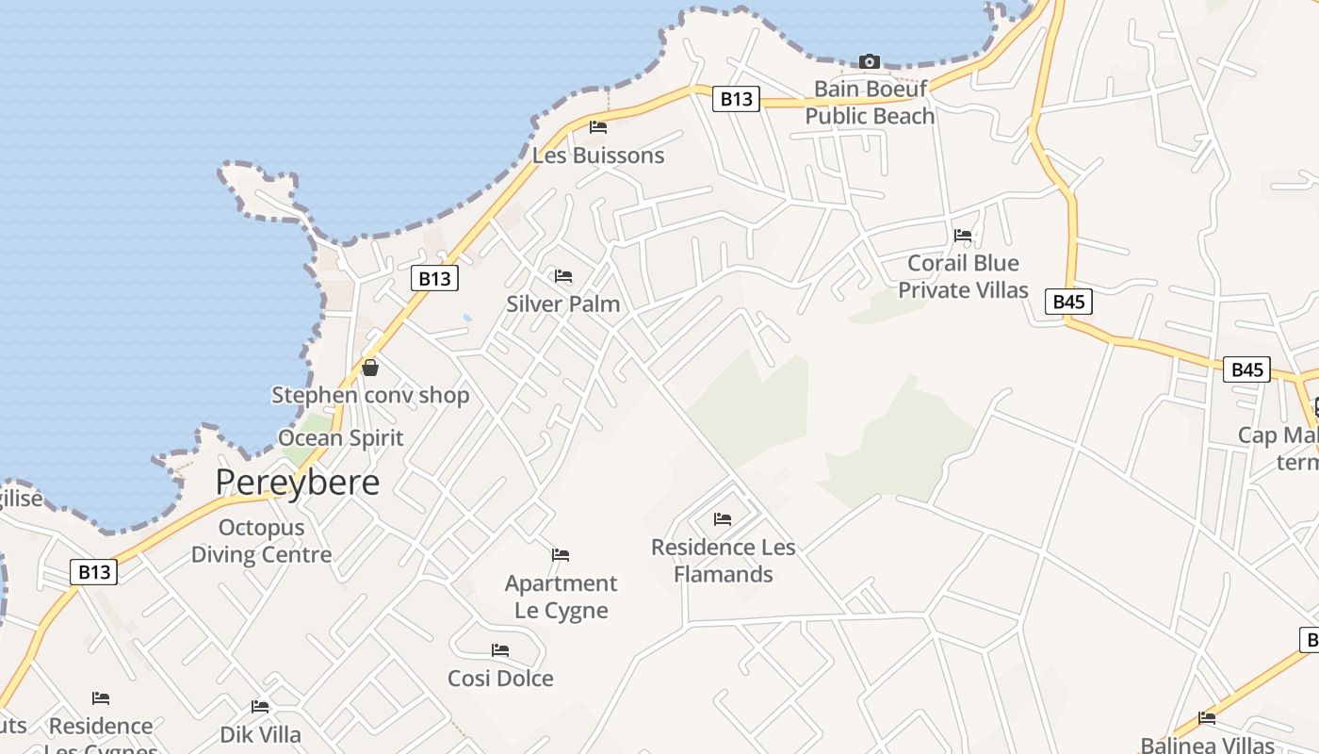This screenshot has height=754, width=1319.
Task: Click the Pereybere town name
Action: pos(298,483)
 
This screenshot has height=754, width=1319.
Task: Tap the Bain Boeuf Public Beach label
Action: pos(870,102)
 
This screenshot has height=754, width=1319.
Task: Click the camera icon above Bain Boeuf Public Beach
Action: pos(870,62)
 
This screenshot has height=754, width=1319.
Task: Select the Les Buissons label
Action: pos(598,156)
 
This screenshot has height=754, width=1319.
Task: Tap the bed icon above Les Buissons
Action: pos(598,127)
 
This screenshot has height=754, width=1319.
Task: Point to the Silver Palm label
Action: pos(563,303)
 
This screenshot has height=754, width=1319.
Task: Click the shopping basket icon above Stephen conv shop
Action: pos(370,368)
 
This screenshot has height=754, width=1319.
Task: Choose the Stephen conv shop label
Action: pos(370,395)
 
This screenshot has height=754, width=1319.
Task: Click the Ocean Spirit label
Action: pos(340,438)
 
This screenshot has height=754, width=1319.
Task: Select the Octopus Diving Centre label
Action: pos(261,541)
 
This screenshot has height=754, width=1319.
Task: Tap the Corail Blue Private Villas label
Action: pos(963,276)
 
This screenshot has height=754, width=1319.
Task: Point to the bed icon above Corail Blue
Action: pos(963,236)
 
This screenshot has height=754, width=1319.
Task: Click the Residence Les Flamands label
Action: pos(724,561)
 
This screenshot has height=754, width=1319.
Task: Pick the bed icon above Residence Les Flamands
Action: pos(723,519)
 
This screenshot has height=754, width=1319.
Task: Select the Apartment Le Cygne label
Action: pos(562,597)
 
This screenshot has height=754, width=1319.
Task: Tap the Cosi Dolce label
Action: pos(500,679)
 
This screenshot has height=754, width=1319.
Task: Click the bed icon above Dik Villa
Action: pos(260,707)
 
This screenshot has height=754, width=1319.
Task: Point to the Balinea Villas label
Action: pos(1207,745)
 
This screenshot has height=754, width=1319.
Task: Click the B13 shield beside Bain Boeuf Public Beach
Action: pos(736,99)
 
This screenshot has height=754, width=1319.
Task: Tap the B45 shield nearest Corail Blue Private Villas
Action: pos(1068,302)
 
